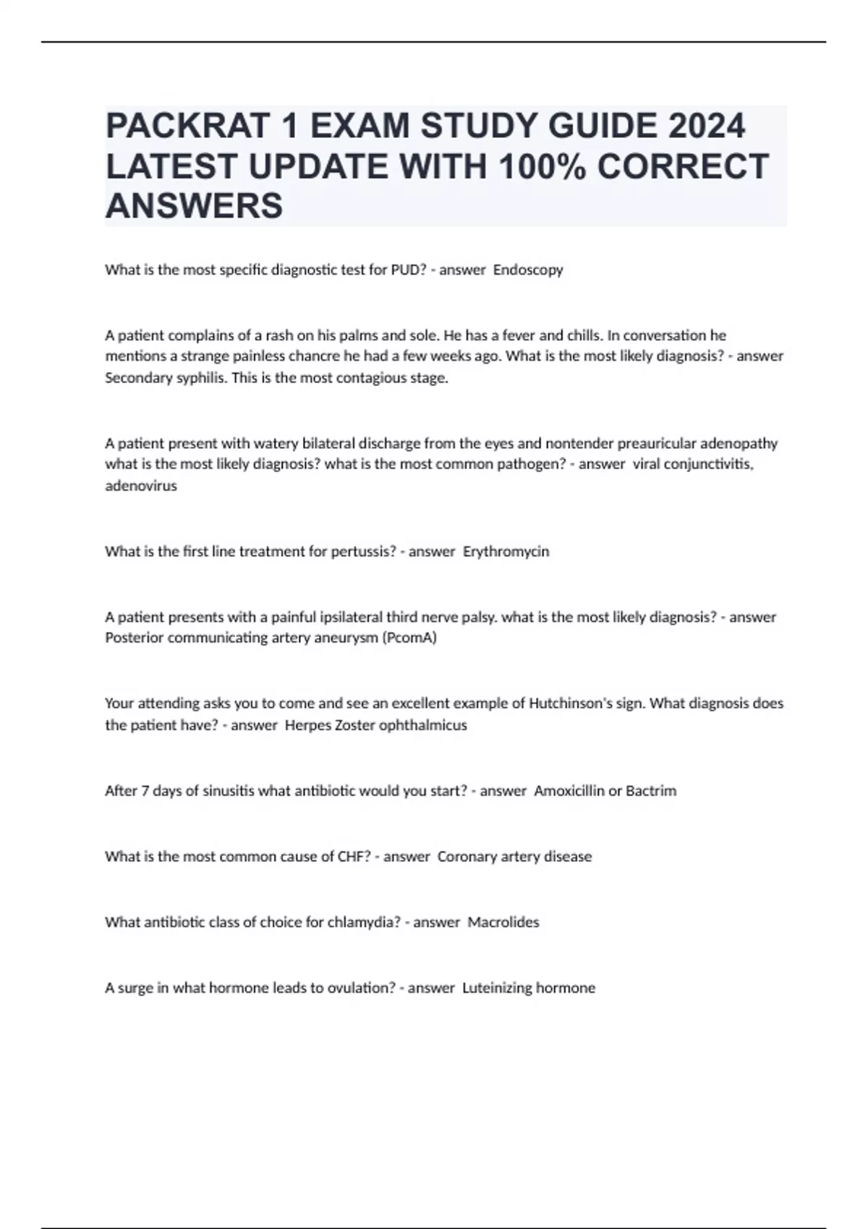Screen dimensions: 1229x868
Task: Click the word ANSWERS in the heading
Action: click(194, 206)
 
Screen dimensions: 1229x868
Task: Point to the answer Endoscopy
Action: click(528, 270)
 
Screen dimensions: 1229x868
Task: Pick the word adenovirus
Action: click(141, 486)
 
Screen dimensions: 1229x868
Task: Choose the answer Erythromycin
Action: click(506, 552)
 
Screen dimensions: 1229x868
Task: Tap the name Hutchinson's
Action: click(570, 703)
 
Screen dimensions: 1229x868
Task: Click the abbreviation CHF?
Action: click(354, 857)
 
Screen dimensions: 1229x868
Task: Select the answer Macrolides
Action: click(503, 922)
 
